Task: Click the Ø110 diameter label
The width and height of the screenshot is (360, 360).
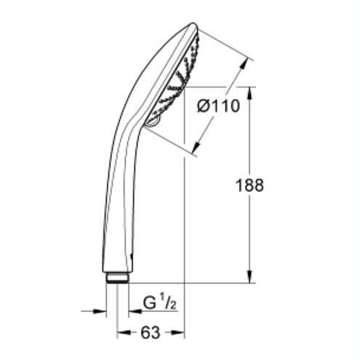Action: (218, 106)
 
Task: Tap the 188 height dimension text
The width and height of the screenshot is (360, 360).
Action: (249, 185)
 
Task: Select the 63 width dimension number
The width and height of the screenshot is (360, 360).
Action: (151, 332)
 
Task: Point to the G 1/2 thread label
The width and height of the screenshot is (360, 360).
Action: (159, 303)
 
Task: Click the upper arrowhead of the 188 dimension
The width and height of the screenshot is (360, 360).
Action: (250, 93)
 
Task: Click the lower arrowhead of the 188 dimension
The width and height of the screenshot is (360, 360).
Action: (250, 276)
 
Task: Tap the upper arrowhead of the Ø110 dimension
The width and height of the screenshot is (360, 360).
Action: (245, 63)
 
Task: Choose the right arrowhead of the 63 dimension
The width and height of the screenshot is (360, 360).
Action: (178, 332)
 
